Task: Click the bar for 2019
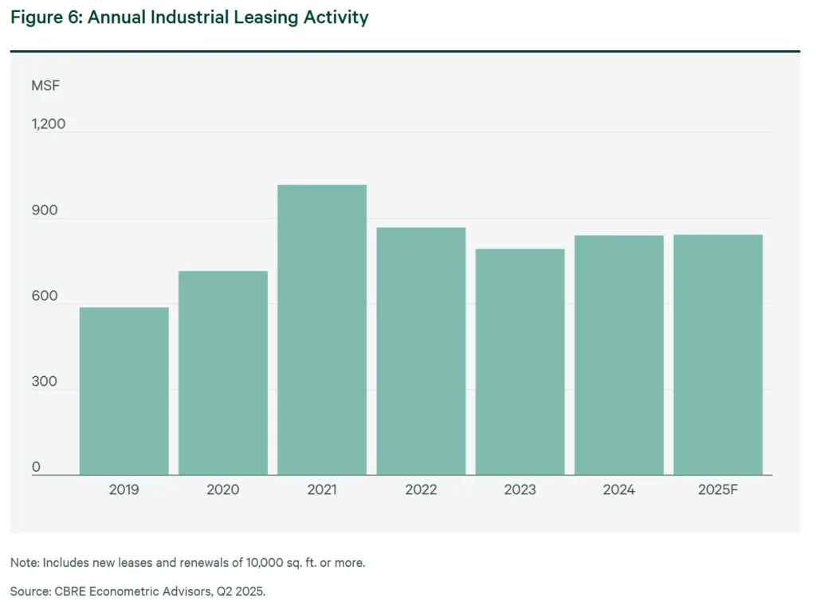click(x=124, y=391)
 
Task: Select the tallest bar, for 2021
click(x=322, y=329)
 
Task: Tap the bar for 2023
click(x=520, y=361)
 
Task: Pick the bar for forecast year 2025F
click(x=717, y=355)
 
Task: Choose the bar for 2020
click(x=222, y=372)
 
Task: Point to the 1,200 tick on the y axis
click(x=49, y=124)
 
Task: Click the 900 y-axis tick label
click(x=45, y=210)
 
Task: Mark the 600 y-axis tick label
click(x=45, y=297)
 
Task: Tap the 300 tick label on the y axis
click(x=45, y=382)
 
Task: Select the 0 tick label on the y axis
click(x=36, y=468)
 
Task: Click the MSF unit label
click(x=45, y=85)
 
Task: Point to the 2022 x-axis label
click(x=421, y=490)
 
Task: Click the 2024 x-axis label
click(x=618, y=490)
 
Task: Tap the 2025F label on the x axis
click(x=717, y=490)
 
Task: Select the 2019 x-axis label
click(x=124, y=490)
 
